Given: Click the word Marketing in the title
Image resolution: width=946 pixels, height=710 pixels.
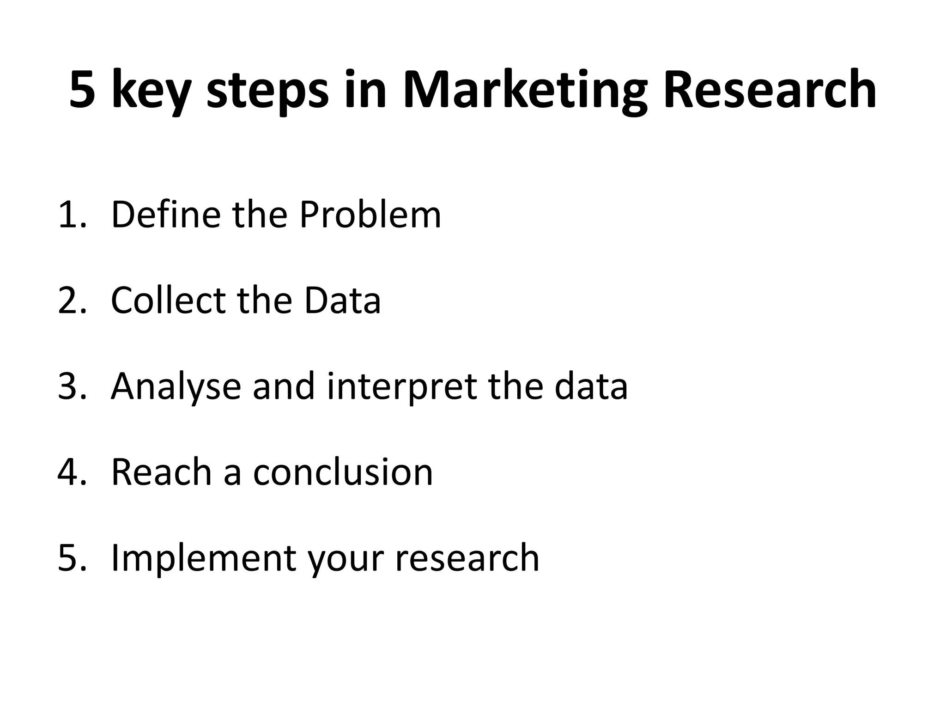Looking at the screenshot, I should (x=524, y=90).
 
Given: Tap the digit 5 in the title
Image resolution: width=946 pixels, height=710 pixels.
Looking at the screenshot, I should (x=83, y=90).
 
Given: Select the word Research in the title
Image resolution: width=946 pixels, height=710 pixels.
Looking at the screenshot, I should (x=769, y=90).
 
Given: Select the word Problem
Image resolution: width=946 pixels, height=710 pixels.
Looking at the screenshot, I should (x=370, y=214).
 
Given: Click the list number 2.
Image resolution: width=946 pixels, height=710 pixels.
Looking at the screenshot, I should (x=72, y=300).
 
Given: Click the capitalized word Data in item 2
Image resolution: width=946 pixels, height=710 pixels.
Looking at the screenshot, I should (x=342, y=300).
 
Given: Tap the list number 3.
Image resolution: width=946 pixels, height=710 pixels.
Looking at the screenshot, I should (x=72, y=386).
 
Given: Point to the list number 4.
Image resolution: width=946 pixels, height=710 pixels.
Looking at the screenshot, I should (x=72, y=472).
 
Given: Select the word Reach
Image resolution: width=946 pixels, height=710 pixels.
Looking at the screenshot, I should (x=161, y=472).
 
